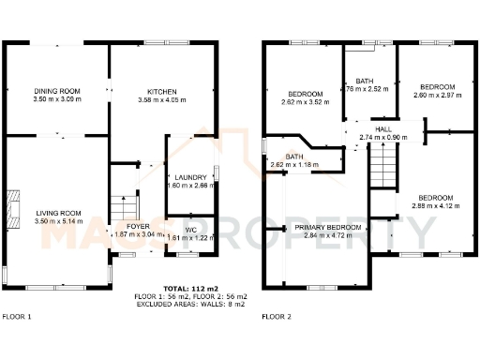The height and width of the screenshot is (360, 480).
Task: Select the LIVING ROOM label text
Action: (x=58, y=213)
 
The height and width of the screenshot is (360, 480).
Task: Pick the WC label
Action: (x=190, y=229)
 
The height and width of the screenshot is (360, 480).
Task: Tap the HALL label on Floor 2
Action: (x=383, y=129)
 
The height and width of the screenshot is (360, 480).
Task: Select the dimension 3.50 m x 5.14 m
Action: (x=58, y=222)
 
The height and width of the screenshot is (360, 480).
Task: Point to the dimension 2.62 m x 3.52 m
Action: (x=306, y=101)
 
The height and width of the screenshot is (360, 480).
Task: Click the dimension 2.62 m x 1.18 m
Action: (x=294, y=165)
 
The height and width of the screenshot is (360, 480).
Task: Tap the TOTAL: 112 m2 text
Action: (x=189, y=288)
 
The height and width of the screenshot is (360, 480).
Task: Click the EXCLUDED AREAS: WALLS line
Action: (x=189, y=304)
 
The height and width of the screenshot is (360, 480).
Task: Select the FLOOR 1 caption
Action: (x=17, y=316)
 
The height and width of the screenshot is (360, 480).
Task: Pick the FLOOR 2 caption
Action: (x=277, y=316)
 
